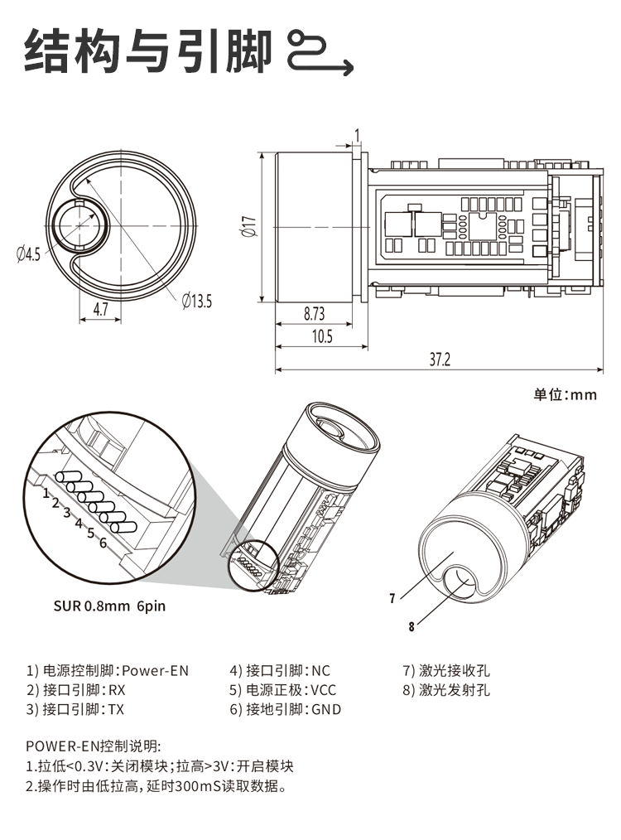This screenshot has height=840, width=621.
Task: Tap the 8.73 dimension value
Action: coord(314,314)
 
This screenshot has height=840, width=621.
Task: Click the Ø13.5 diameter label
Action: coord(196,302)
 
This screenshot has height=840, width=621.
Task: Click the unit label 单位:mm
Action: coord(565,394)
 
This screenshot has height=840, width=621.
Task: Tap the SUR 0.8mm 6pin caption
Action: coord(109,606)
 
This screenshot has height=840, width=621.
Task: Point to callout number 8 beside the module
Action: coord(410,626)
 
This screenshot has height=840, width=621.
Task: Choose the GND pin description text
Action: coord(325,709)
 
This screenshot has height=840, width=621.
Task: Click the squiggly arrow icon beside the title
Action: coord(319,51)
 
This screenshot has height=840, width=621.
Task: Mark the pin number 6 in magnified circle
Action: coord(103,543)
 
